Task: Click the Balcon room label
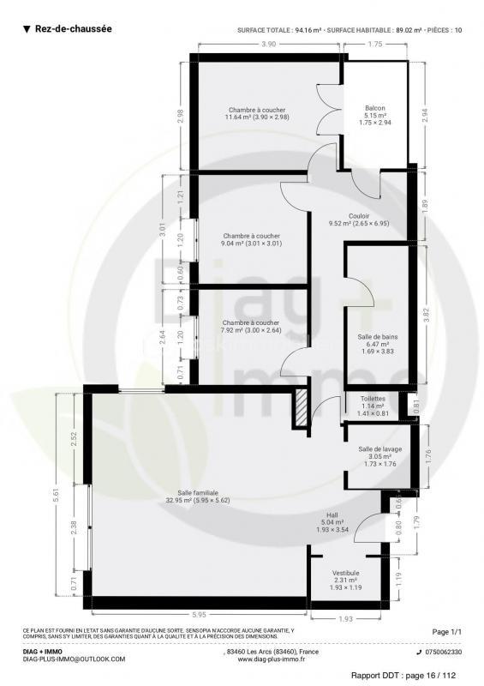pos(374,108)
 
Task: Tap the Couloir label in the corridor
pos(358,216)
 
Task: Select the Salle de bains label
pos(376,337)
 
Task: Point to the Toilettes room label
pos(372,399)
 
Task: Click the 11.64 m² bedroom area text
pos(256,117)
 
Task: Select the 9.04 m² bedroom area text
pos(251,244)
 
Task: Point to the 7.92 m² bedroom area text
pos(250,330)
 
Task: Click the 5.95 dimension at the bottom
pos(198,613)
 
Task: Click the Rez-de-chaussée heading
pos(73,29)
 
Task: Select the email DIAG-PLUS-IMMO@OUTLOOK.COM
pos(74,659)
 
